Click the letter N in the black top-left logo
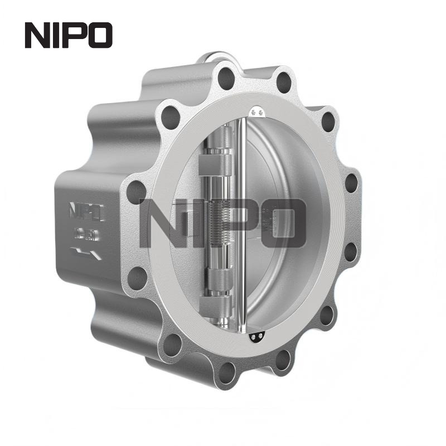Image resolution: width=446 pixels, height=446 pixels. click(38, 35)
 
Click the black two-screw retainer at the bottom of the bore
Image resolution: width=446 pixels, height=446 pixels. click(257, 336)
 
